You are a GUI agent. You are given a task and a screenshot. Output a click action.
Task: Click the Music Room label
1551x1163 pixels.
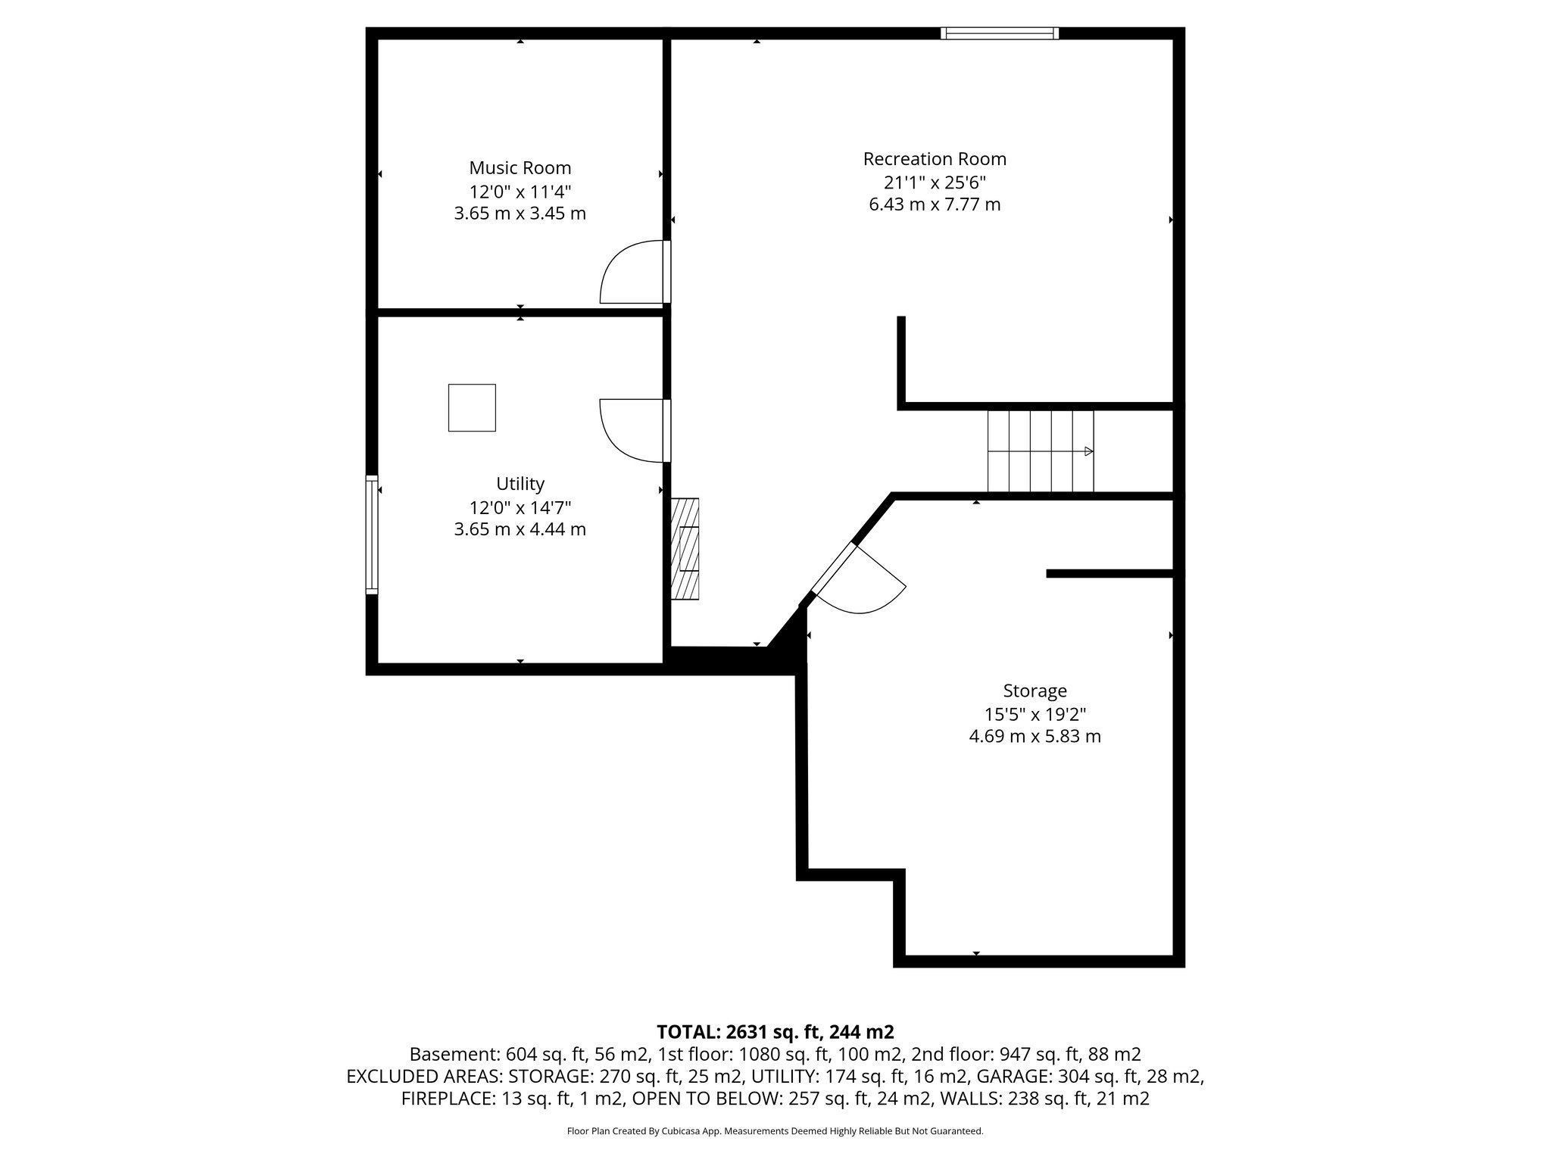point(520,167)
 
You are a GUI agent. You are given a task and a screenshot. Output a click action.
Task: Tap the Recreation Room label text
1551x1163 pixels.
point(934,159)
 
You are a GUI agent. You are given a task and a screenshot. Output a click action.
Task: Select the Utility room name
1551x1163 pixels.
point(520,483)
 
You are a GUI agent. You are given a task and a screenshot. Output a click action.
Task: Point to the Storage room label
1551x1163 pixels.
point(1035,691)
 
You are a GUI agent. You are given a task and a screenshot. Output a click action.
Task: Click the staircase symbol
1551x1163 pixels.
point(1041,451)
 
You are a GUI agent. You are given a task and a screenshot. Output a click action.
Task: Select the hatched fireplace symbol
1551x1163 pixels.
point(685,549)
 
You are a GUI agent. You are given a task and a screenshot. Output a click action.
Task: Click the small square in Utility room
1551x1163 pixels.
point(472,408)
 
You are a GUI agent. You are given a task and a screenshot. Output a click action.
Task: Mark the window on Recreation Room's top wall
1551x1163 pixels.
point(1000,33)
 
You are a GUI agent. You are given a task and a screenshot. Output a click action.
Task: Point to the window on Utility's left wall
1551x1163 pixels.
point(371,534)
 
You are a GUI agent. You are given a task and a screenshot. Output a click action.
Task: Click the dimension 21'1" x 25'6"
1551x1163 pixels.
point(934,182)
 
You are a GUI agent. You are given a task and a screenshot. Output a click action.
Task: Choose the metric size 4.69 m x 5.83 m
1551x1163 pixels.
point(1035,736)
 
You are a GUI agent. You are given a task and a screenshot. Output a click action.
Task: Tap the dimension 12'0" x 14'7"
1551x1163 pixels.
point(520,507)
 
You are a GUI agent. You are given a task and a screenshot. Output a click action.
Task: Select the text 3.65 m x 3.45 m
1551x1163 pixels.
point(520,214)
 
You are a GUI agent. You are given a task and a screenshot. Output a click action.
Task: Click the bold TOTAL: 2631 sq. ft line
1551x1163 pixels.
point(775,1031)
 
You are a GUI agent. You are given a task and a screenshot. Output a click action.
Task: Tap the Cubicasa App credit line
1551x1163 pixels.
point(775,1131)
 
